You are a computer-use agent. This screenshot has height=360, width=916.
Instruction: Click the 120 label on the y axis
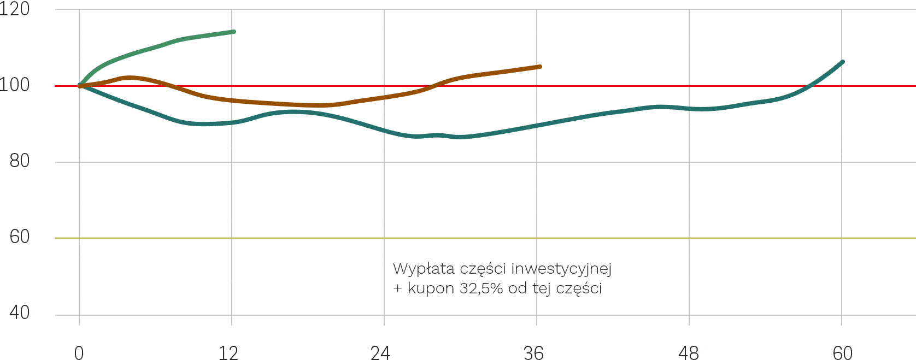pyautogui.click(x=14, y=9)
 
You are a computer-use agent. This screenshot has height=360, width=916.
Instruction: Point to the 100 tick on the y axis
pyautogui.click(x=14, y=85)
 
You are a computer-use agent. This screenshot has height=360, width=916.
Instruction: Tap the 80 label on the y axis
pyautogui.click(x=20, y=161)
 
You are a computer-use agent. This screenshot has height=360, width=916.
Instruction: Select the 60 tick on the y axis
pyautogui.click(x=20, y=237)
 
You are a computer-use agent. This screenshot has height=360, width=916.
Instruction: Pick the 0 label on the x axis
pyautogui.click(x=79, y=353)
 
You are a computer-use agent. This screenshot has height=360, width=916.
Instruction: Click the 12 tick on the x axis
pyautogui.click(x=228, y=353)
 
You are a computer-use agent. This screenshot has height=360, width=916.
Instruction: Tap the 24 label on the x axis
pyautogui.click(x=380, y=353)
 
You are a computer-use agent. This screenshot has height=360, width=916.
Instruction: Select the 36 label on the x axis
pyautogui.click(x=533, y=353)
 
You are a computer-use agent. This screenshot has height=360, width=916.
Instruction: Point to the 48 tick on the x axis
pyautogui.click(x=689, y=353)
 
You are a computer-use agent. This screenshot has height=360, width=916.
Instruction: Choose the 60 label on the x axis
pyautogui.click(x=842, y=353)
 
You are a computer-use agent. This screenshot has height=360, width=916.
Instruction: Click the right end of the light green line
pyautogui.click(x=234, y=32)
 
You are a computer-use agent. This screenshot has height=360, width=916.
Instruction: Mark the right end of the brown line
pyautogui.click(x=540, y=67)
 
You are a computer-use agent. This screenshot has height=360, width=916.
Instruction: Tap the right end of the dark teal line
pyautogui.click(x=842, y=62)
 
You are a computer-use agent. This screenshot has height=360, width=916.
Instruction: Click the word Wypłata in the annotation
pyautogui.click(x=424, y=269)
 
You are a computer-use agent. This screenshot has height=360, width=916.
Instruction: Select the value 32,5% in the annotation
pyautogui.click(x=481, y=288)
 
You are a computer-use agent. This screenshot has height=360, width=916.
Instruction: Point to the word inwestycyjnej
pyautogui.click(x=561, y=269)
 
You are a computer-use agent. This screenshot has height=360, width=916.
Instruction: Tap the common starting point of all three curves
pyautogui.click(x=80, y=86)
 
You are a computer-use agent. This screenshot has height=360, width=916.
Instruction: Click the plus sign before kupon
pyautogui.click(x=397, y=288)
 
